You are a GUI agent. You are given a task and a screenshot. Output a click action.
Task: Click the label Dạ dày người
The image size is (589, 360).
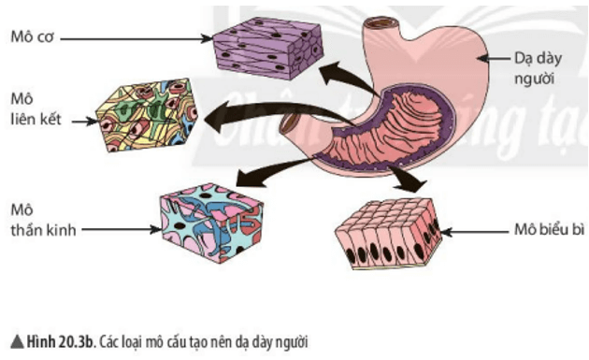click(536, 68)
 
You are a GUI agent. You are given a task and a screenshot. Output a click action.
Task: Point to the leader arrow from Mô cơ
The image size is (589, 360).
click(140, 38)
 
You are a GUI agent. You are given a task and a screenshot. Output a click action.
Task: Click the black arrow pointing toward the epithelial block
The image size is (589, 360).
click(406, 177)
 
